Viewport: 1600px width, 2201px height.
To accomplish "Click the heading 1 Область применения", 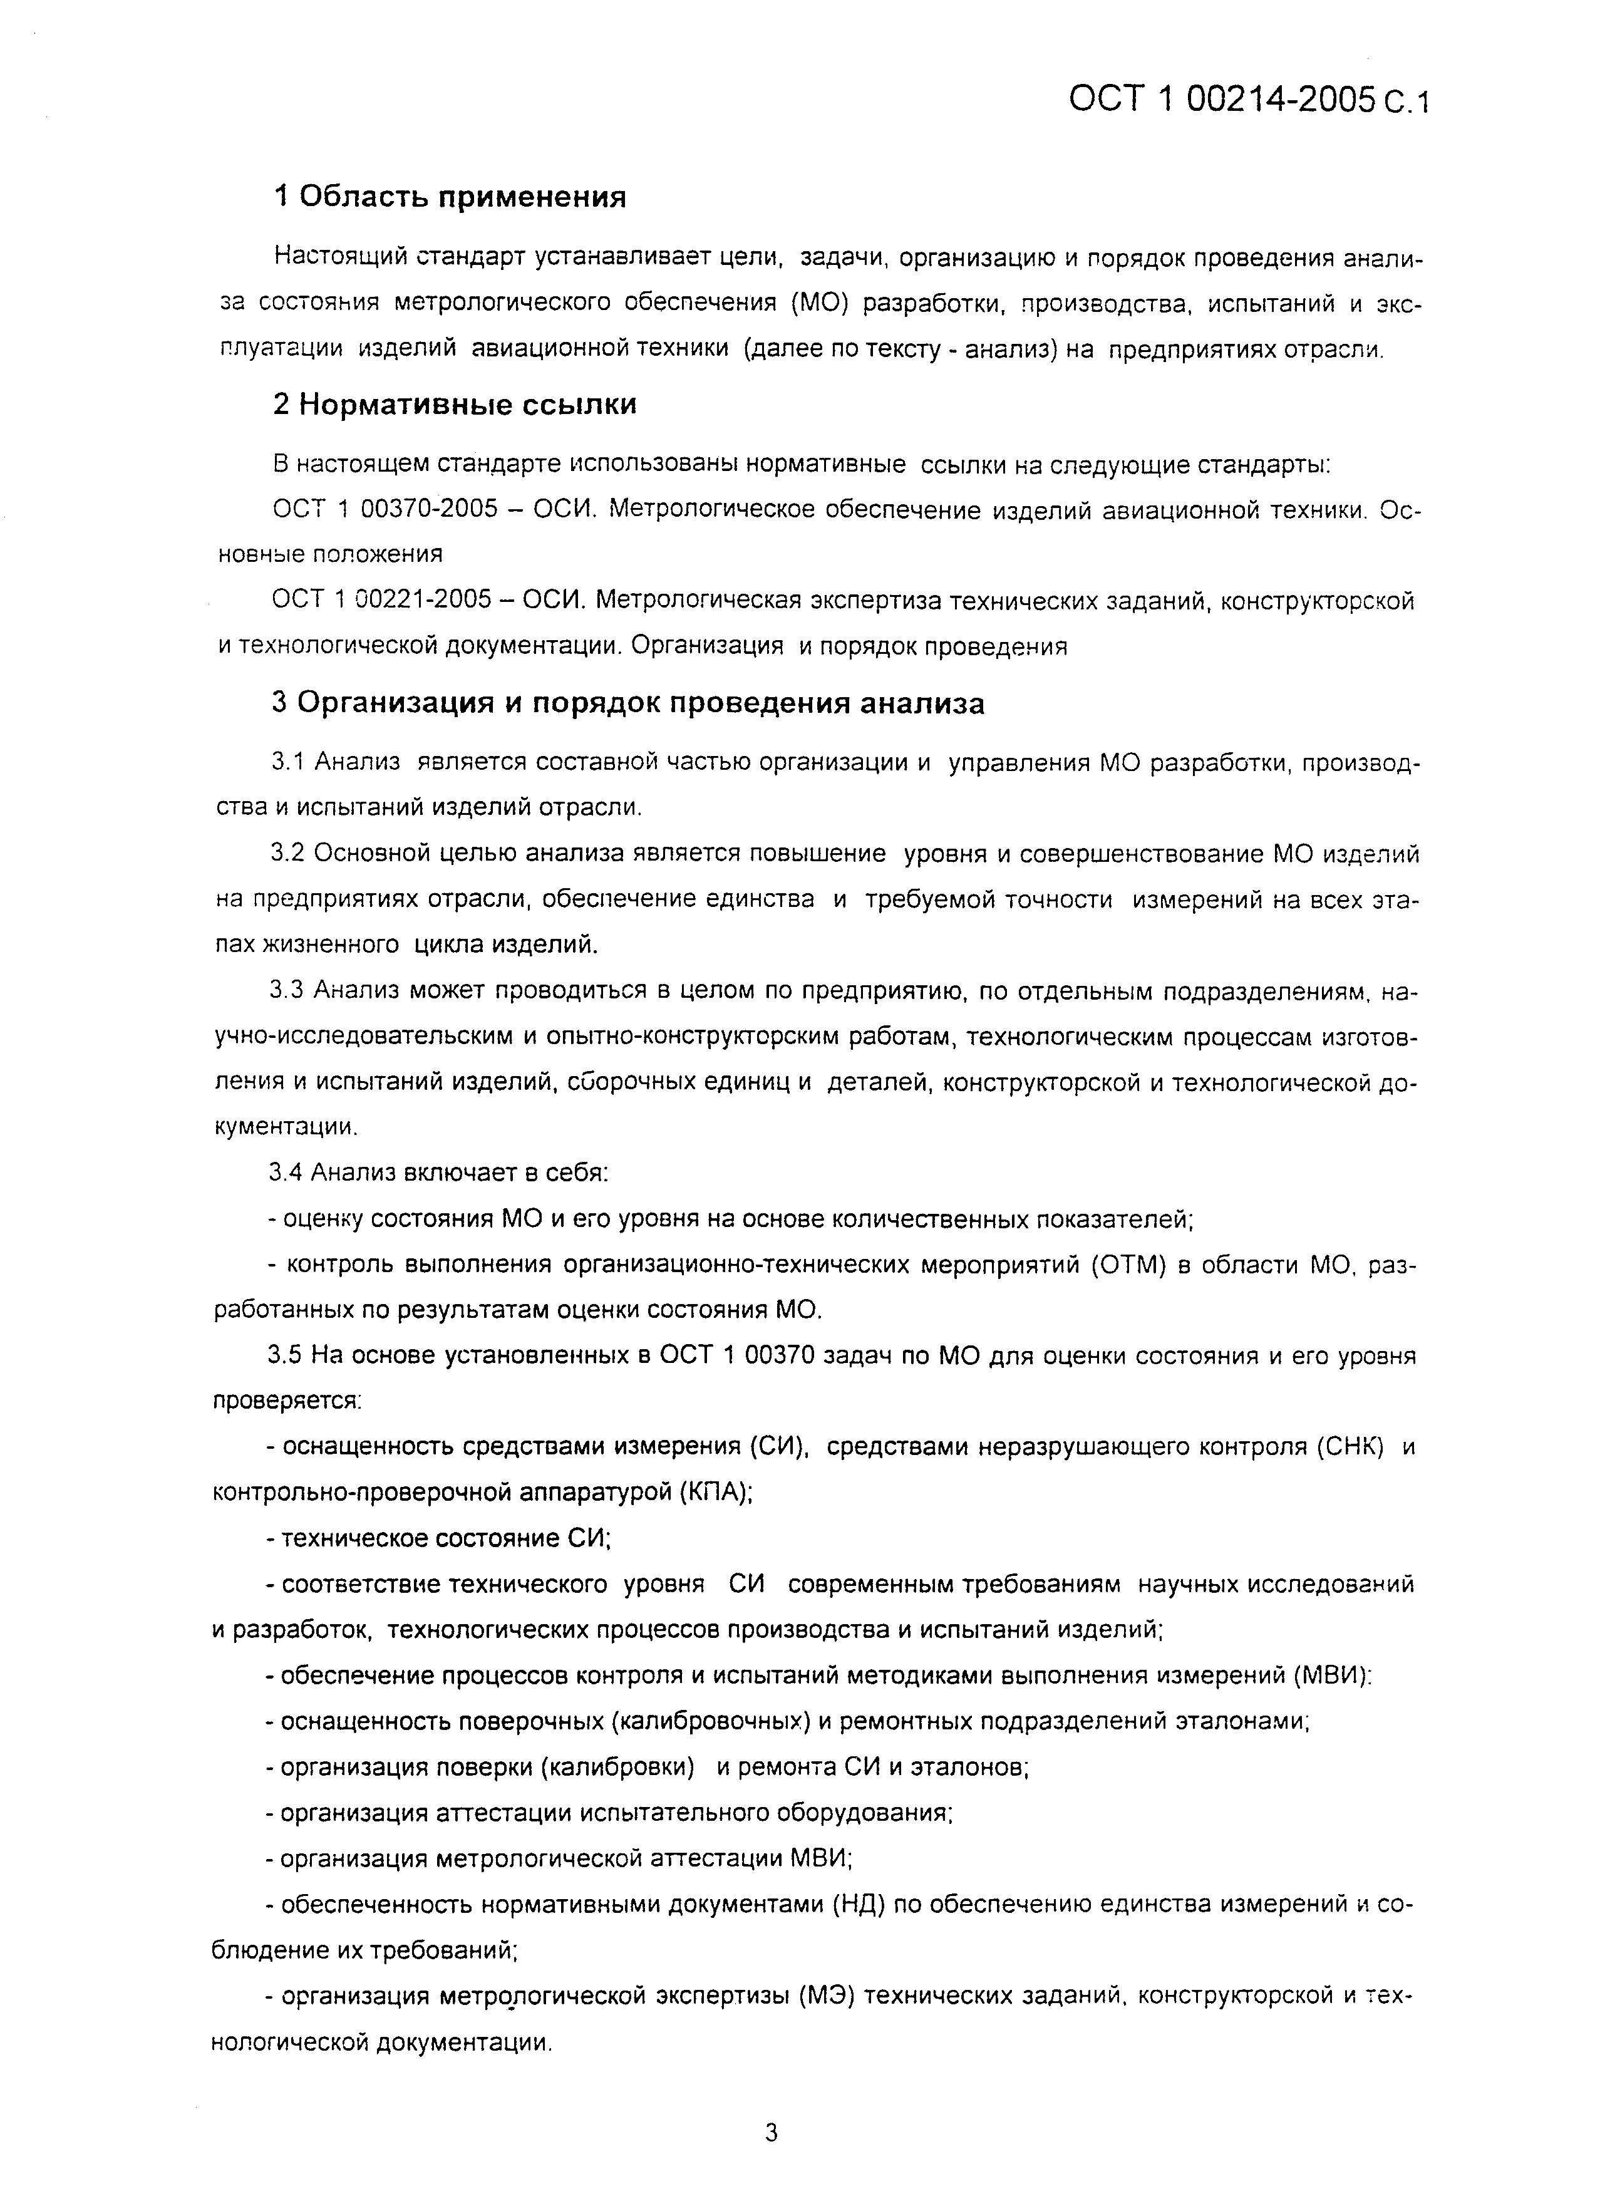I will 450,197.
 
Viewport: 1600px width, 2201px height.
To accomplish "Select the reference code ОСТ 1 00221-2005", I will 382,601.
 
